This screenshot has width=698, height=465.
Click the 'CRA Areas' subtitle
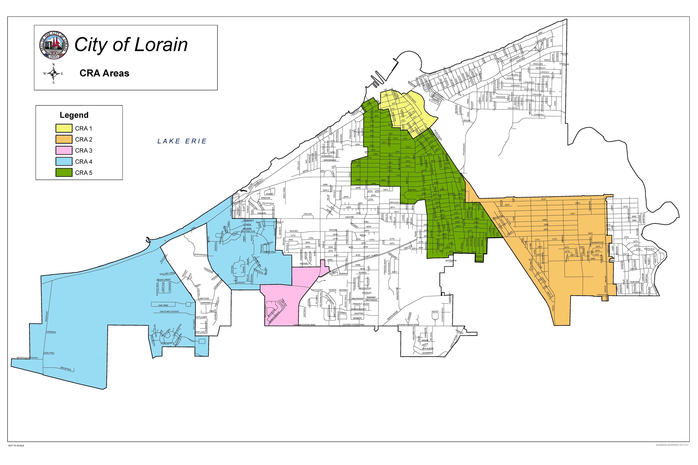tap(104, 73)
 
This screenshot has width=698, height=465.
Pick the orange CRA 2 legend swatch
tap(64, 139)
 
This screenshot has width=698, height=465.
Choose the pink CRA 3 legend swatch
tap(64, 150)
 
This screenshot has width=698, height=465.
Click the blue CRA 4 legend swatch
tap(64, 162)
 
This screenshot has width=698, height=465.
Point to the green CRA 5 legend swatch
tap(64, 173)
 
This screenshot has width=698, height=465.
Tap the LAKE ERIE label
tap(182, 141)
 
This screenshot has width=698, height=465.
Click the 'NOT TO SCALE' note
tap(16, 454)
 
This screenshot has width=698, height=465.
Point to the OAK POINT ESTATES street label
tap(169, 312)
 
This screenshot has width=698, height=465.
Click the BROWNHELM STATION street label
tap(27, 358)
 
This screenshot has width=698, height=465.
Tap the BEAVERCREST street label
tap(201, 254)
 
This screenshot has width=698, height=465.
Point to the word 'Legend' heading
tap(74, 115)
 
